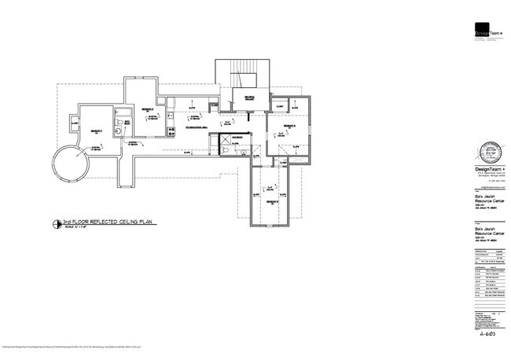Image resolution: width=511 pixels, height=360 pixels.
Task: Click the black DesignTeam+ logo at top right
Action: pyautogui.click(x=487, y=32)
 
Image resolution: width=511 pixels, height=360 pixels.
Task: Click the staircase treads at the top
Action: pyautogui.click(x=241, y=75)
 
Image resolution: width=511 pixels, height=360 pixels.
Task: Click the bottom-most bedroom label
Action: pyautogui.click(x=272, y=203)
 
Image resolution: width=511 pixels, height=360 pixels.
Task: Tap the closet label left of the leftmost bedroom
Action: pyautogui.click(x=74, y=123)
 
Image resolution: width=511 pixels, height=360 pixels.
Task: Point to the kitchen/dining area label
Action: pyautogui.click(x=196, y=127)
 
